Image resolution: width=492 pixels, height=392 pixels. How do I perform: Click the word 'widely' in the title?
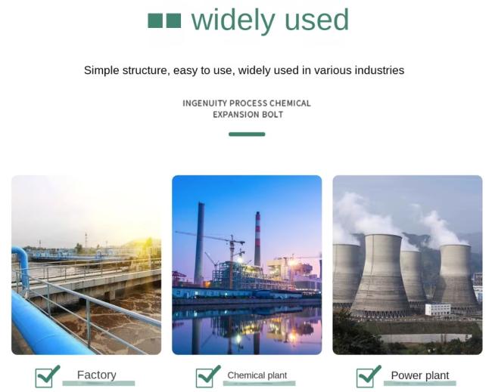(x=233, y=20)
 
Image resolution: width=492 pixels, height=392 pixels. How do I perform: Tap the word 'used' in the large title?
(x=317, y=20)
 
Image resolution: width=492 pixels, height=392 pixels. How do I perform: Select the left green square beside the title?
(x=155, y=20)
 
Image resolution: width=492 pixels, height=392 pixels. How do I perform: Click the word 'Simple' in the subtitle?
(x=101, y=70)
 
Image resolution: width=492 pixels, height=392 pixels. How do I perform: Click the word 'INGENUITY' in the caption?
(x=204, y=103)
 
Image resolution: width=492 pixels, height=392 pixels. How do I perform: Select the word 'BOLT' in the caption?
(x=272, y=115)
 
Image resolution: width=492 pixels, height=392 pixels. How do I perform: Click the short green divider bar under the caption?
(x=247, y=134)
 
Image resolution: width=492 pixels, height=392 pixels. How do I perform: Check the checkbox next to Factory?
(x=44, y=378)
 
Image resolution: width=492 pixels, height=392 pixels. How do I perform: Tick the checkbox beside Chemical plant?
(x=204, y=378)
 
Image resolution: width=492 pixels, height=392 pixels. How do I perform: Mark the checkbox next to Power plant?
(x=366, y=378)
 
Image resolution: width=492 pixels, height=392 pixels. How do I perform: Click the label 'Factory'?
(x=97, y=375)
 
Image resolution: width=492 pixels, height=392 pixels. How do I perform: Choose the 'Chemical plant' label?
(x=257, y=375)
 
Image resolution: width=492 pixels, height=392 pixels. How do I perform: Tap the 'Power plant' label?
(x=420, y=375)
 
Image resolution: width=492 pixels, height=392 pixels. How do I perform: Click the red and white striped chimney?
(x=257, y=239)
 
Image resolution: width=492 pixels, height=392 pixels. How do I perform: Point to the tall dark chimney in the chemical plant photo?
(x=199, y=243)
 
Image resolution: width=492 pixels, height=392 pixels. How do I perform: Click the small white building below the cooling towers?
(x=438, y=310)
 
